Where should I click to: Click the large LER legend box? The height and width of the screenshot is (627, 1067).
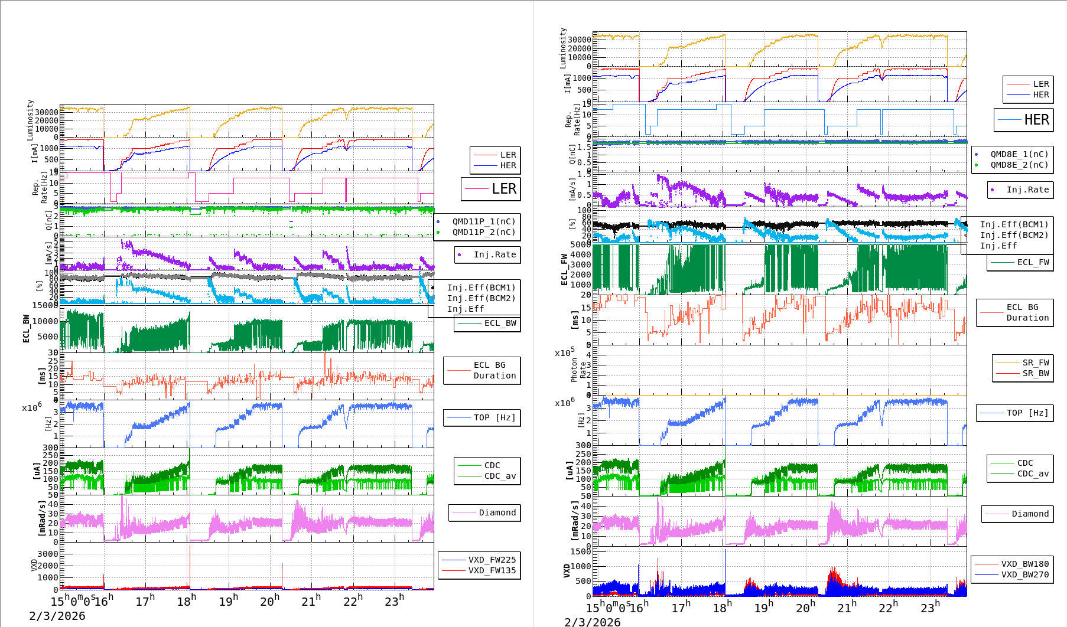coord(491,189)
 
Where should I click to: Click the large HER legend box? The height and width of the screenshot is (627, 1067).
coord(1024,120)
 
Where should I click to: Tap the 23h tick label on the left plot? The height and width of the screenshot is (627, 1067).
coord(394,600)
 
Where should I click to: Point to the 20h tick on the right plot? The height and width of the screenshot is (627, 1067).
coord(805,607)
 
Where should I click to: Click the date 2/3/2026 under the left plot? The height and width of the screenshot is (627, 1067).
coord(57,616)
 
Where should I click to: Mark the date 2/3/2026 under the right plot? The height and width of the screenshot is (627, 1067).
coord(593,622)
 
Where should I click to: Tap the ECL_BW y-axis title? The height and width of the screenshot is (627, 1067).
coord(26,328)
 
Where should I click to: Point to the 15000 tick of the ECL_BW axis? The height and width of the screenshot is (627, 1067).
coord(45,305)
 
